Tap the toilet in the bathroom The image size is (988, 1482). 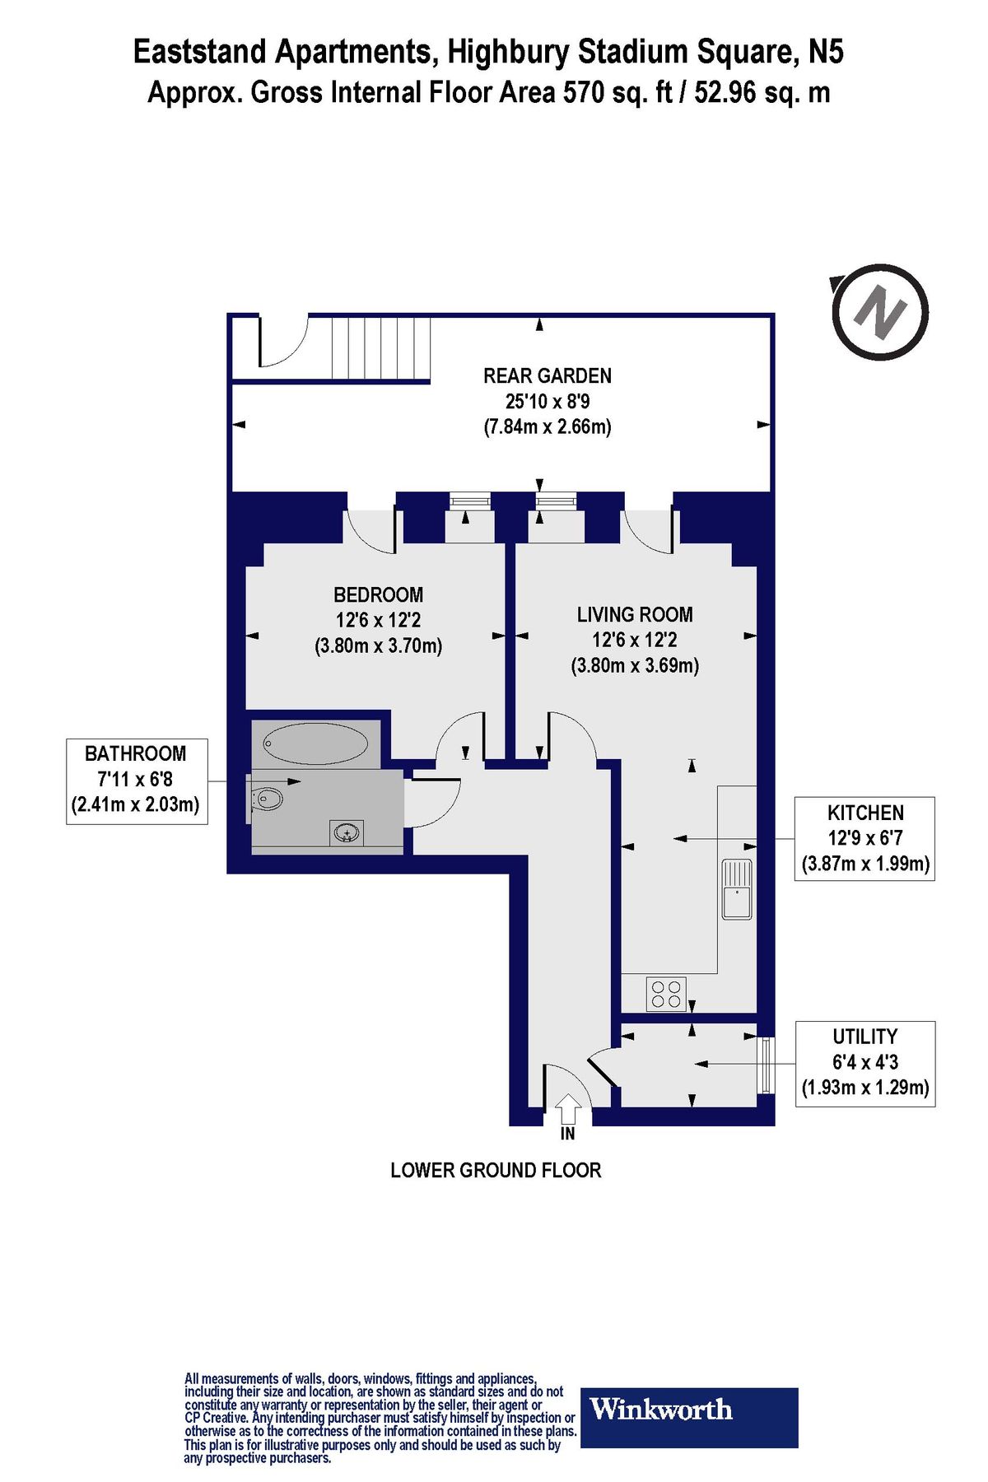coord(265,798)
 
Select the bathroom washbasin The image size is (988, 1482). coord(347,832)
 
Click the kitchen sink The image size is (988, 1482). coord(737,888)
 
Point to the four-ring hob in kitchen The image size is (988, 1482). coord(666,994)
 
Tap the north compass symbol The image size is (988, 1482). coord(879,312)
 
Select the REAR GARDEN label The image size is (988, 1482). coord(547,376)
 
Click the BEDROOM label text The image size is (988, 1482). coord(378,594)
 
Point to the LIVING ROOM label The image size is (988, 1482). coord(634,614)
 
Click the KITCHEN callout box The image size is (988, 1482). coord(864,838)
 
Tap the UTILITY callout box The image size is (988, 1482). coord(864,1062)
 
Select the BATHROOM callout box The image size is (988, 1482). coord(136,779)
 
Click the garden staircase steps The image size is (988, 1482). coord(380,347)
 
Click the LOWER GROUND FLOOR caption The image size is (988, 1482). coord(496,1170)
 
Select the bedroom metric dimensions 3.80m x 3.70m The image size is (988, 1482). coord(378,645)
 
